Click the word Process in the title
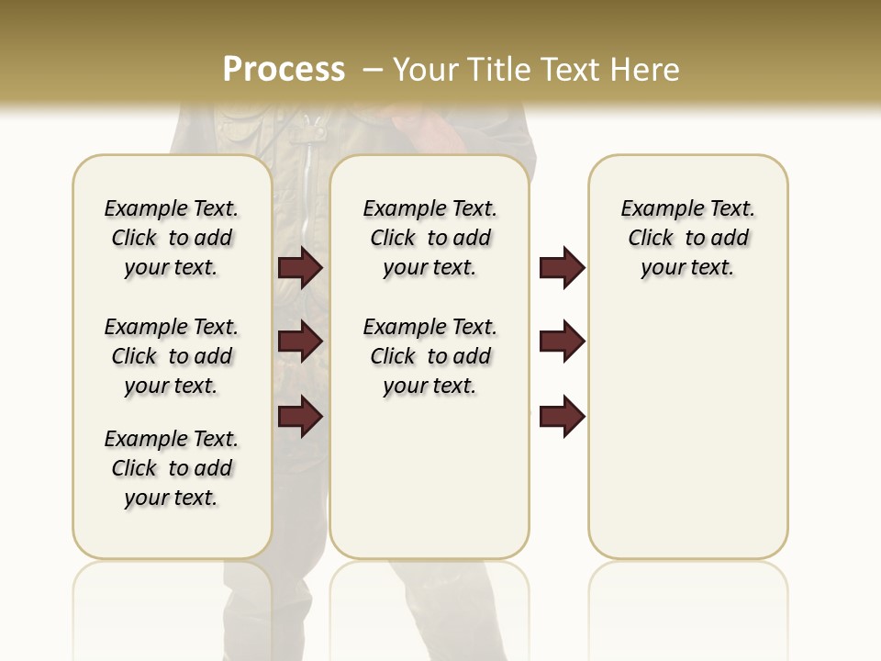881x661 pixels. [x=284, y=69]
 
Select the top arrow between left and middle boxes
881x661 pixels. [x=300, y=268]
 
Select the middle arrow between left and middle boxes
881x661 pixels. [x=300, y=342]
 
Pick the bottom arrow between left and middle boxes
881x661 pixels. [x=300, y=417]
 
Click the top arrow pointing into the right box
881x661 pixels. [x=562, y=268]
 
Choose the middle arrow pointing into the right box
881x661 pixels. [x=562, y=342]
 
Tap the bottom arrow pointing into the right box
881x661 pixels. [x=562, y=417]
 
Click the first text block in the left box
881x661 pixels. [x=172, y=238]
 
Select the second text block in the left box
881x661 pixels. [x=172, y=356]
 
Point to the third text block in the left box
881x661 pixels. [x=172, y=468]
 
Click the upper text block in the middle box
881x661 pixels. [x=429, y=238]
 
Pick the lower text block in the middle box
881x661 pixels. [x=429, y=356]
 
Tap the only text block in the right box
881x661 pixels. [x=687, y=238]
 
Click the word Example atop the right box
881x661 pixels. [x=654, y=209]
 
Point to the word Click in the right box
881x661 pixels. [x=651, y=239]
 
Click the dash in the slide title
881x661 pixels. [x=373, y=69]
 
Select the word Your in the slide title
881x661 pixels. [x=426, y=69]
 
